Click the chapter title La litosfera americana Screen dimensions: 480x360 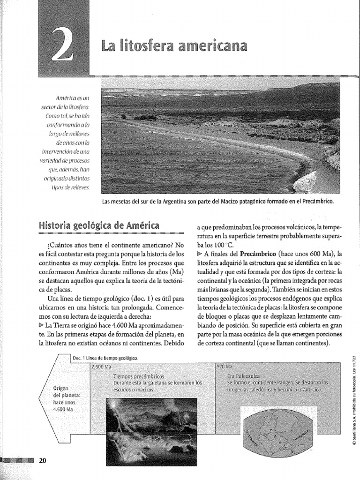[173, 46]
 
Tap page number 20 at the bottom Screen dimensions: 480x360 [43, 460]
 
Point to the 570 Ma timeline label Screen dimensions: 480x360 [225, 366]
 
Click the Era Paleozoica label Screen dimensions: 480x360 [243, 376]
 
